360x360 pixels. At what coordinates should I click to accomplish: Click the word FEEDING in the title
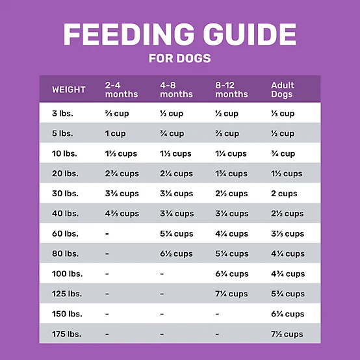coord(121,34)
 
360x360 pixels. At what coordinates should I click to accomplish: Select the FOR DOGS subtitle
coord(179,58)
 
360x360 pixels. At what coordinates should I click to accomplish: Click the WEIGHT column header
coord(69,90)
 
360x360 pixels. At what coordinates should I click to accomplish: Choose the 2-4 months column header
coord(122,90)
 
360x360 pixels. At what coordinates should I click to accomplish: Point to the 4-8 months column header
coord(176,90)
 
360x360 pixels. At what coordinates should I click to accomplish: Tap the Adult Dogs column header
coord(283,90)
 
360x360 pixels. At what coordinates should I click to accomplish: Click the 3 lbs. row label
coord(62,114)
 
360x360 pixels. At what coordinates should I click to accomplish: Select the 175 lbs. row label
coord(66,334)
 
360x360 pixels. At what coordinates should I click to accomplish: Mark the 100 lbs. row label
coord(66,274)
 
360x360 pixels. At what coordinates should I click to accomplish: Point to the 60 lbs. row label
coord(64,234)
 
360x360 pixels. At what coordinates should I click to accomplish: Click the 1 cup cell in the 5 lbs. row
coord(116,134)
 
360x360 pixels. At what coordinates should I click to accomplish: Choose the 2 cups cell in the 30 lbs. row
coord(284,194)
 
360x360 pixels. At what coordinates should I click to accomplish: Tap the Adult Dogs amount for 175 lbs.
coord(287,334)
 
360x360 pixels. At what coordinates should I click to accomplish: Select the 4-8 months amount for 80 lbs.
coord(176,254)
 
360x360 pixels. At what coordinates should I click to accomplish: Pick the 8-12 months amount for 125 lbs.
coord(231,294)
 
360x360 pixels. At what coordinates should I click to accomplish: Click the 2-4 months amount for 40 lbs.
coord(122,214)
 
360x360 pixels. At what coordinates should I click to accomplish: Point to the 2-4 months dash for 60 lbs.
coord(107,234)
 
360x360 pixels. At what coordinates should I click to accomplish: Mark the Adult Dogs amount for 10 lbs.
coord(283,154)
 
